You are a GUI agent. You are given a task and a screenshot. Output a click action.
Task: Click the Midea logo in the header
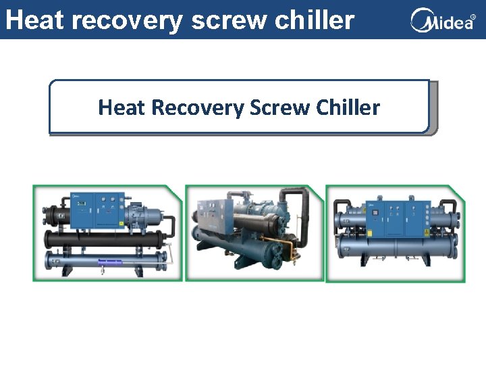pos(442,20)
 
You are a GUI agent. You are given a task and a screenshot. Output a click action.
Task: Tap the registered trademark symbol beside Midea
pos(473,16)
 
